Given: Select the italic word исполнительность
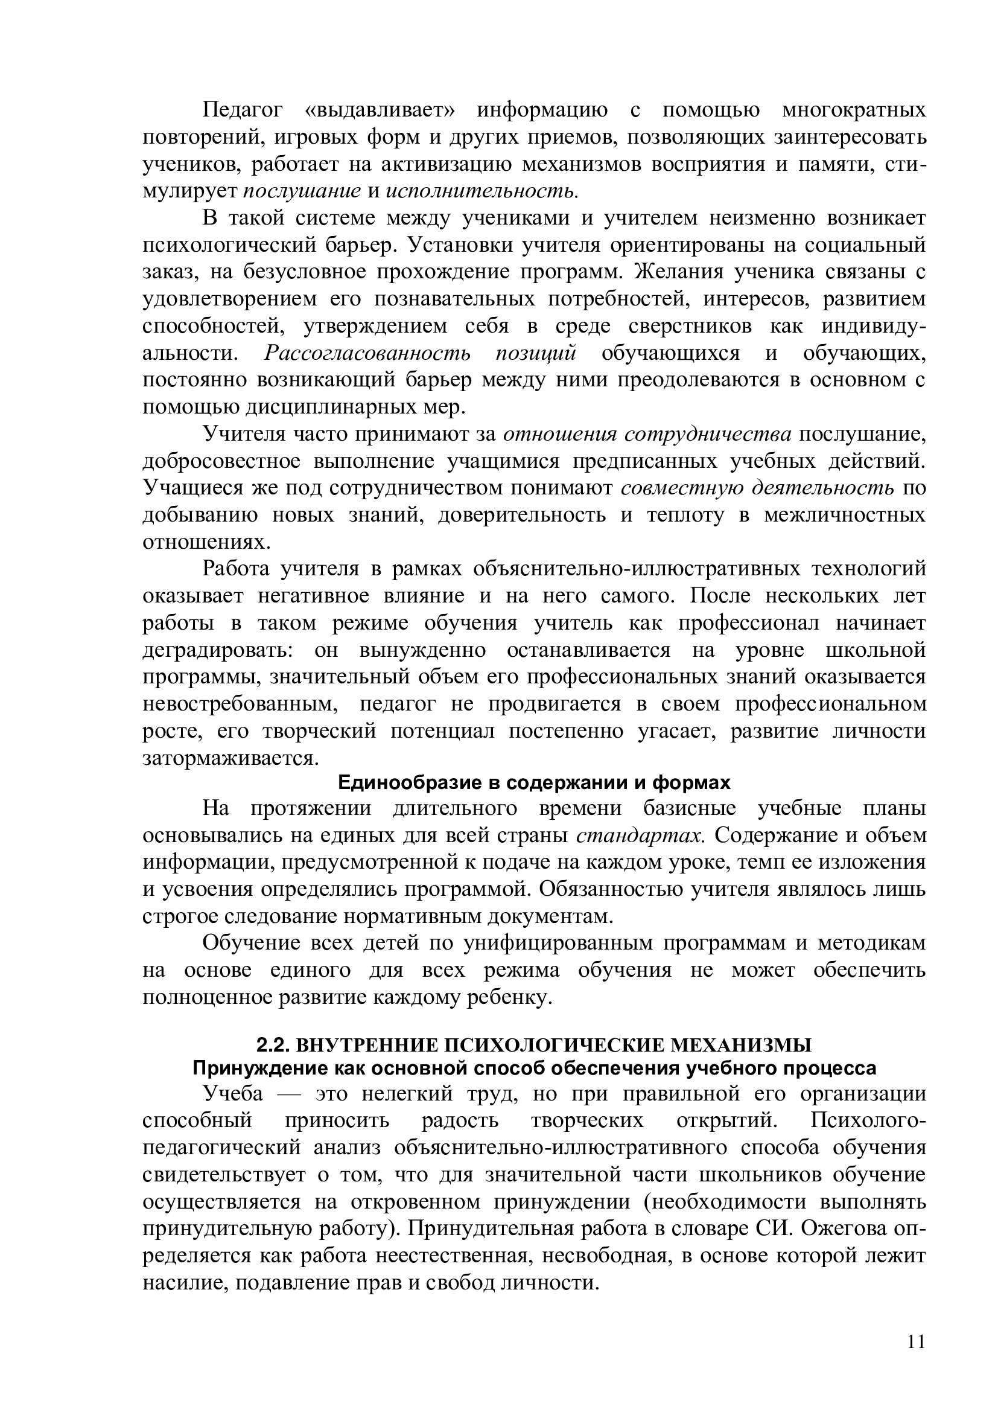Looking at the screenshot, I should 482,191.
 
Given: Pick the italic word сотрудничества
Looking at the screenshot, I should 707,434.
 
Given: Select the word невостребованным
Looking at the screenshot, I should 240,704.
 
